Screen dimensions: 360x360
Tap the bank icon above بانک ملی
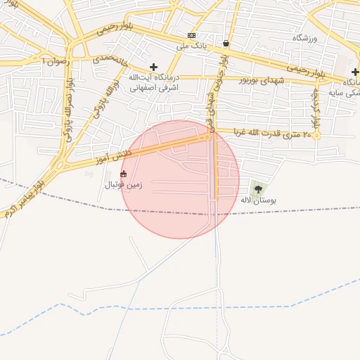pos(191,35)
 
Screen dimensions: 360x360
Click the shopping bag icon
pos(226,42)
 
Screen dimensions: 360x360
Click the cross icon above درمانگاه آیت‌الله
pos(154,67)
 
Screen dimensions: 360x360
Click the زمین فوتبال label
pos(124,185)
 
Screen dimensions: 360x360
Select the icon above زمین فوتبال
pos(124,174)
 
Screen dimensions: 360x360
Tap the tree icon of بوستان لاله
pos(257,188)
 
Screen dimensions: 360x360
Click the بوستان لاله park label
pos(258,200)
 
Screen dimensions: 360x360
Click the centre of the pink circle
pos(180,179)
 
